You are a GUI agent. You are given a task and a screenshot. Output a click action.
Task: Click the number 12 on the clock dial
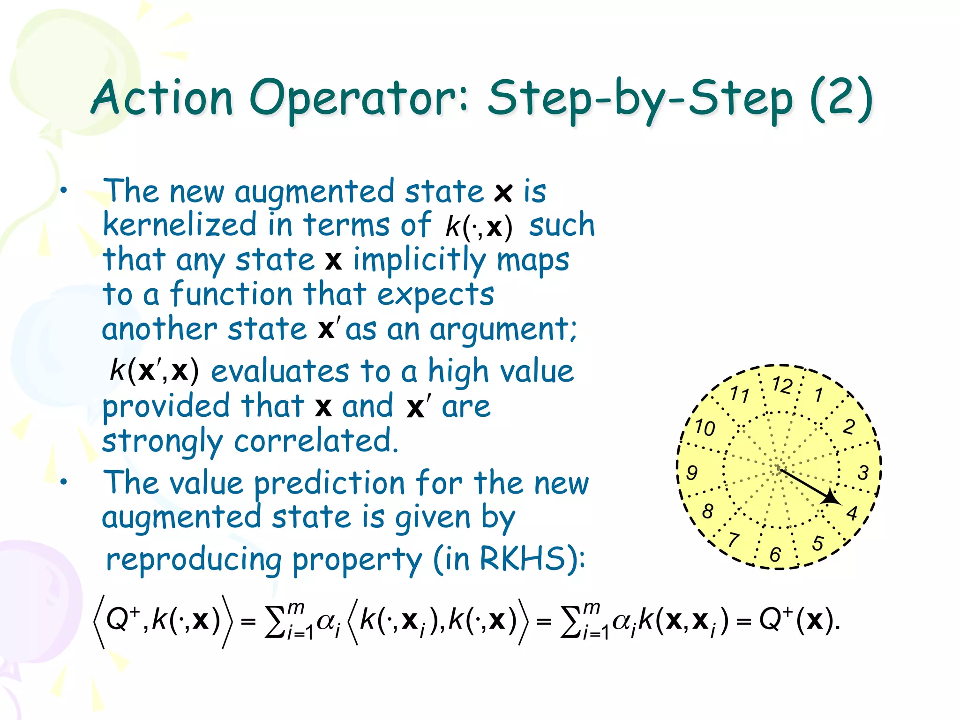pyautogui.click(x=782, y=385)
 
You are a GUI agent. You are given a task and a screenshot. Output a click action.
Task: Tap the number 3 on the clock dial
pyautogui.click(x=863, y=472)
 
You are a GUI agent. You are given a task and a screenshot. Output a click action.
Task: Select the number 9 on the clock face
pyautogui.click(x=692, y=472)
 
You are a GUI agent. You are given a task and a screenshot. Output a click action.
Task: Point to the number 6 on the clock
pyautogui.click(x=775, y=555)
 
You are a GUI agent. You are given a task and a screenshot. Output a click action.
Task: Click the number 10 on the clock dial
pyautogui.click(x=705, y=427)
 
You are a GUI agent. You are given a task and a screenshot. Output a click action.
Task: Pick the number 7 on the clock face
pyautogui.click(x=734, y=540)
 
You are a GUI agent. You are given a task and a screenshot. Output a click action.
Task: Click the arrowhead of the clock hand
pyautogui.click(x=831, y=498)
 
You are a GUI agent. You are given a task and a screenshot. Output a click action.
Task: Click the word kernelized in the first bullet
pyautogui.click(x=180, y=225)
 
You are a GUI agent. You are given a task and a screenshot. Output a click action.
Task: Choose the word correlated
pyautogui.click(x=315, y=441)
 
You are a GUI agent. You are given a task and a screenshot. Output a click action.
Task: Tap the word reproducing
pyautogui.click(x=194, y=560)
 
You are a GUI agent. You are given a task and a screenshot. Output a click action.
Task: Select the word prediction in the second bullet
pyautogui.click(x=330, y=483)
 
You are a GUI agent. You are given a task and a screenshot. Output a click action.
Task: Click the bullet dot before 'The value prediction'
pyautogui.click(x=64, y=481)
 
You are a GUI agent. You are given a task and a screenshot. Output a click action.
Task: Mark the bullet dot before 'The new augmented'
pyautogui.click(x=64, y=190)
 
